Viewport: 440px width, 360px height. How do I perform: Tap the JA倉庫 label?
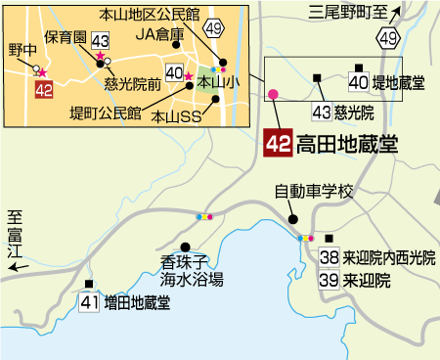click(x=159, y=34)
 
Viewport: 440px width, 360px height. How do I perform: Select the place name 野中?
click(x=22, y=50)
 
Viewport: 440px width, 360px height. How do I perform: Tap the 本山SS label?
click(x=177, y=115)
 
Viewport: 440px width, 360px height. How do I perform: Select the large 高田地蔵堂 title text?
click(x=346, y=145)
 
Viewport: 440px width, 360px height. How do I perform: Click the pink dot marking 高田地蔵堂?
click(x=273, y=94)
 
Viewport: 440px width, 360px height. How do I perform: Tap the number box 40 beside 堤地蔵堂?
click(x=358, y=82)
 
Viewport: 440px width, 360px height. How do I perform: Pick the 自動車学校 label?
click(x=312, y=192)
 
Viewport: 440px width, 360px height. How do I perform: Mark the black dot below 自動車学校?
click(x=292, y=219)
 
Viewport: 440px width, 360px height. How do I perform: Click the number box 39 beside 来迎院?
click(x=330, y=280)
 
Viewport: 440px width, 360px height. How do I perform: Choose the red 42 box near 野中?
click(x=42, y=90)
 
